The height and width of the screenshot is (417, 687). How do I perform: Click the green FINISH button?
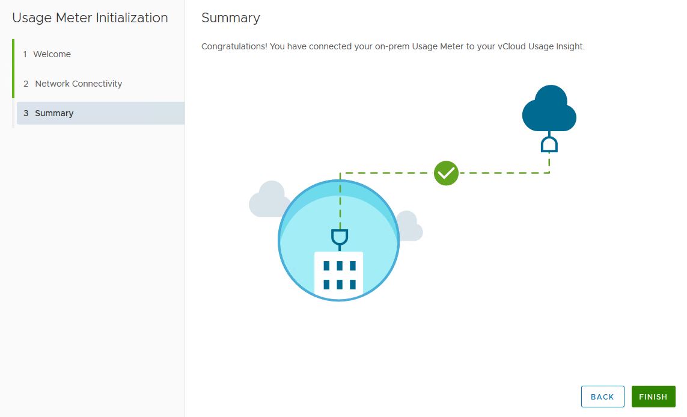[x=653, y=397]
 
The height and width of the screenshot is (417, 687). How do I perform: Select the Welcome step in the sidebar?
[x=52, y=54]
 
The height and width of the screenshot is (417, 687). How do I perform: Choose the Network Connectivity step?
[x=78, y=84]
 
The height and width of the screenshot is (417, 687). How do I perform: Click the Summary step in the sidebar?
[x=54, y=113]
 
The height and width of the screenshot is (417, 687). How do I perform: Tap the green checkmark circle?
[x=446, y=173]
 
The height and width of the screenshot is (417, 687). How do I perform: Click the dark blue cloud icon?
[x=549, y=110]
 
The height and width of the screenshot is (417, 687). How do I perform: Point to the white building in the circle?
[x=338, y=274]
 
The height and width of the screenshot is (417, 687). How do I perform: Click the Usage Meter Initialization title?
[x=90, y=18]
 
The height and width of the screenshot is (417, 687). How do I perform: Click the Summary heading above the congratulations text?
[x=231, y=18]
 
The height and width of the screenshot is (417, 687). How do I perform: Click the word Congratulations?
[x=234, y=46]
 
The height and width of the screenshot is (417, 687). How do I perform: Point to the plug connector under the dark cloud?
[x=549, y=144]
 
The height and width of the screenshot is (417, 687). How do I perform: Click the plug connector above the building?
[x=340, y=238]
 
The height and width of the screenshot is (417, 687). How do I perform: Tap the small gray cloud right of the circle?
[x=411, y=227]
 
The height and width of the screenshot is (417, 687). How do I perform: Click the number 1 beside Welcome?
[x=25, y=54]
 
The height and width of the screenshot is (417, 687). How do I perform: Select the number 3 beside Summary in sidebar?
[x=26, y=113]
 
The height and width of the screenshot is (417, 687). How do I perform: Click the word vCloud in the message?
[x=511, y=46]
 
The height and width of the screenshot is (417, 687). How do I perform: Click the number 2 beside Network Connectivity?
[x=26, y=84]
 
